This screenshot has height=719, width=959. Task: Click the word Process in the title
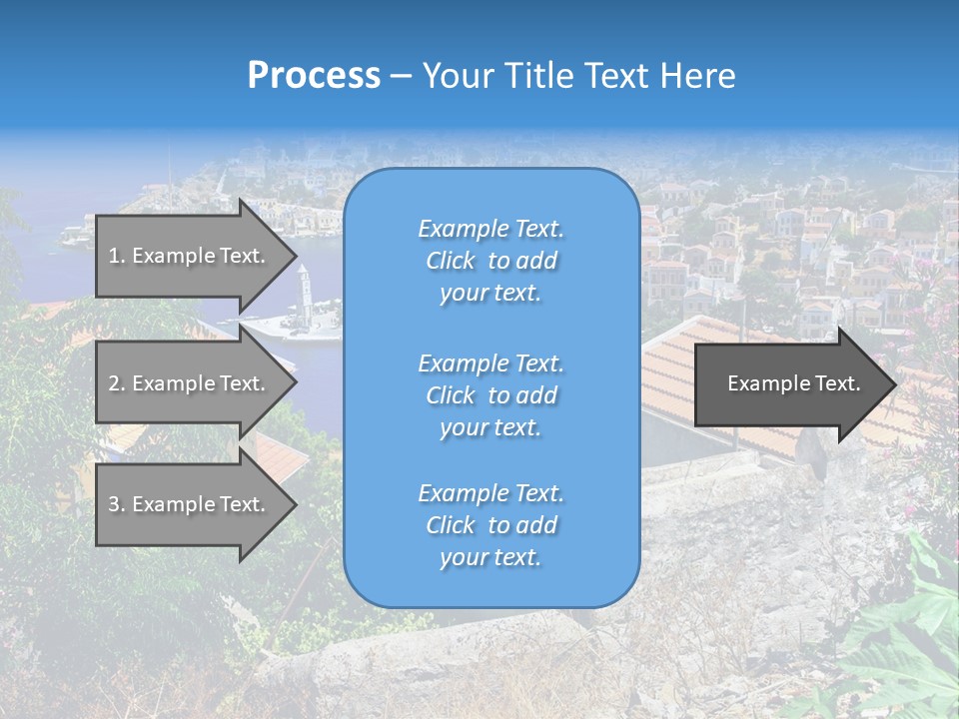(x=314, y=76)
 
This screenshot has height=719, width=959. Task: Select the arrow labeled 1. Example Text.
(x=188, y=256)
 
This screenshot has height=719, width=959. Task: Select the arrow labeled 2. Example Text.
(x=188, y=383)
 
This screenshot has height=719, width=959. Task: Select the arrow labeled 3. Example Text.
(x=188, y=504)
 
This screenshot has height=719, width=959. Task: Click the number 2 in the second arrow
(x=113, y=383)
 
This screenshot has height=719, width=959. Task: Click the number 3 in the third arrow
(x=113, y=504)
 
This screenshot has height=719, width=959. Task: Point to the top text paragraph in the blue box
(x=490, y=261)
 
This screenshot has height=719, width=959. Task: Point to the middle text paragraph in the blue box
(x=490, y=394)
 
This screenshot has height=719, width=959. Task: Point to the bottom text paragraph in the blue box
(x=490, y=525)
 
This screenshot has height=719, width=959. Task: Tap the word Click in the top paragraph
(x=451, y=261)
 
